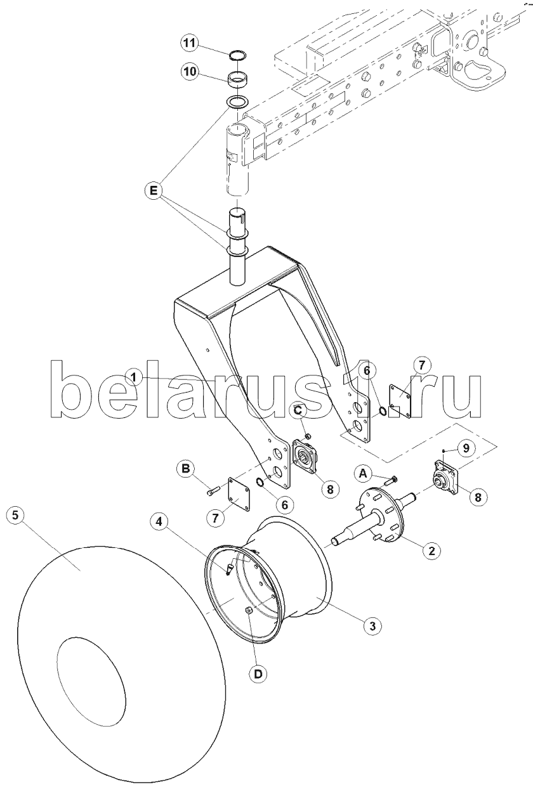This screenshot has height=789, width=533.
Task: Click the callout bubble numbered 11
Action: [x=190, y=44]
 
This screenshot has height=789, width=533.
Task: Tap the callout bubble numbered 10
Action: [x=190, y=72]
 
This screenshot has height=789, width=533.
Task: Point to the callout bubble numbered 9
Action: [x=466, y=448]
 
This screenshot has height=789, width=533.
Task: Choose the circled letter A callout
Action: [x=363, y=474]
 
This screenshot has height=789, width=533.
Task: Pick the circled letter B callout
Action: [x=186, y=469]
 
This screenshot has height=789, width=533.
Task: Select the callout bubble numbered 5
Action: [x=15, y=515]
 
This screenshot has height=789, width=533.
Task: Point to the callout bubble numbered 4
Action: [x=159, y=521]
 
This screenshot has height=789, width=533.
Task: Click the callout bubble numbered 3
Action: [x=372, y=625]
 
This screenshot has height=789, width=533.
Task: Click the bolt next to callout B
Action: [x=213, y=490]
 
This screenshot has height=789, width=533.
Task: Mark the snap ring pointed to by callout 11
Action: [x=237, y=55]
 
